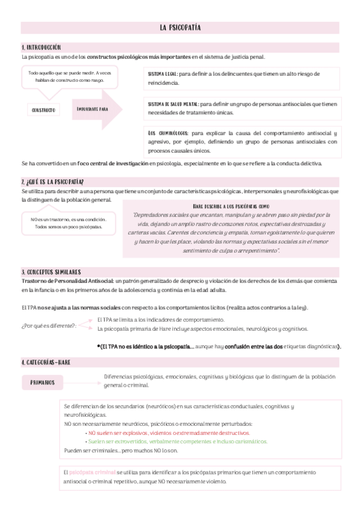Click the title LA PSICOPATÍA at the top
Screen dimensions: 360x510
click(x=180, y=28)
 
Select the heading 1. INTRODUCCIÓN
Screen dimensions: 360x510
click(x=41, y=47)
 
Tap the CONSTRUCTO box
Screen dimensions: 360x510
click(x=43, y=110)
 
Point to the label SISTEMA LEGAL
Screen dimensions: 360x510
click(x=162, y=73)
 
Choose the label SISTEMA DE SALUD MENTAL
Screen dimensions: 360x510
click(x=173, y=104)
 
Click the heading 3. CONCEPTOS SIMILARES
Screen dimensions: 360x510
click(x=51, y=272)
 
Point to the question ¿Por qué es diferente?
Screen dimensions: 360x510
click(x=49, y=325)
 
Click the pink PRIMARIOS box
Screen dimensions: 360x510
click(x=43, y=382)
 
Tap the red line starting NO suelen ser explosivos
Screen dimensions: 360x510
click(x=168, y=432)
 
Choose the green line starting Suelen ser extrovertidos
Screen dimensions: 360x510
click(x=178, y=441)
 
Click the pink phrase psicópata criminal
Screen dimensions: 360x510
click(x=93, y=473)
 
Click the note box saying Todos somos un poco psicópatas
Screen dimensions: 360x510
click(x=67, y=223)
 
